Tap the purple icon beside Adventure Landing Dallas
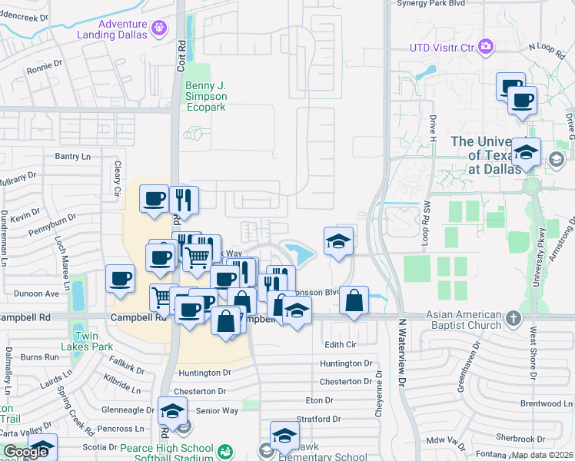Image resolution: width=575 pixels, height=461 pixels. (159, 28)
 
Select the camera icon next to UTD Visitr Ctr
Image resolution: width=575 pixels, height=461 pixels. (485, 47)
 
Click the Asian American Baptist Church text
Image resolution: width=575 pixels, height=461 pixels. (462, 317)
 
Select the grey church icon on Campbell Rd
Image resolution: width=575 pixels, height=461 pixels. (514, 317)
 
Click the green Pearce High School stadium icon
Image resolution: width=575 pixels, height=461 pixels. (225, 451)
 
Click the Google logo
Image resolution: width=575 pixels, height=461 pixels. (25, 452)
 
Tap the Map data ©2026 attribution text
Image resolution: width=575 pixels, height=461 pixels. (541, 455)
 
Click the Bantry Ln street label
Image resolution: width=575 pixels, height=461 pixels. (73, 156)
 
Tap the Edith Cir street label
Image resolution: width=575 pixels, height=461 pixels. (341, 344)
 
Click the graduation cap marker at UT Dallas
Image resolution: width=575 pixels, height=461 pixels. (526, 151)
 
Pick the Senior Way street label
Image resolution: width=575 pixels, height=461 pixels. (218, 411)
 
